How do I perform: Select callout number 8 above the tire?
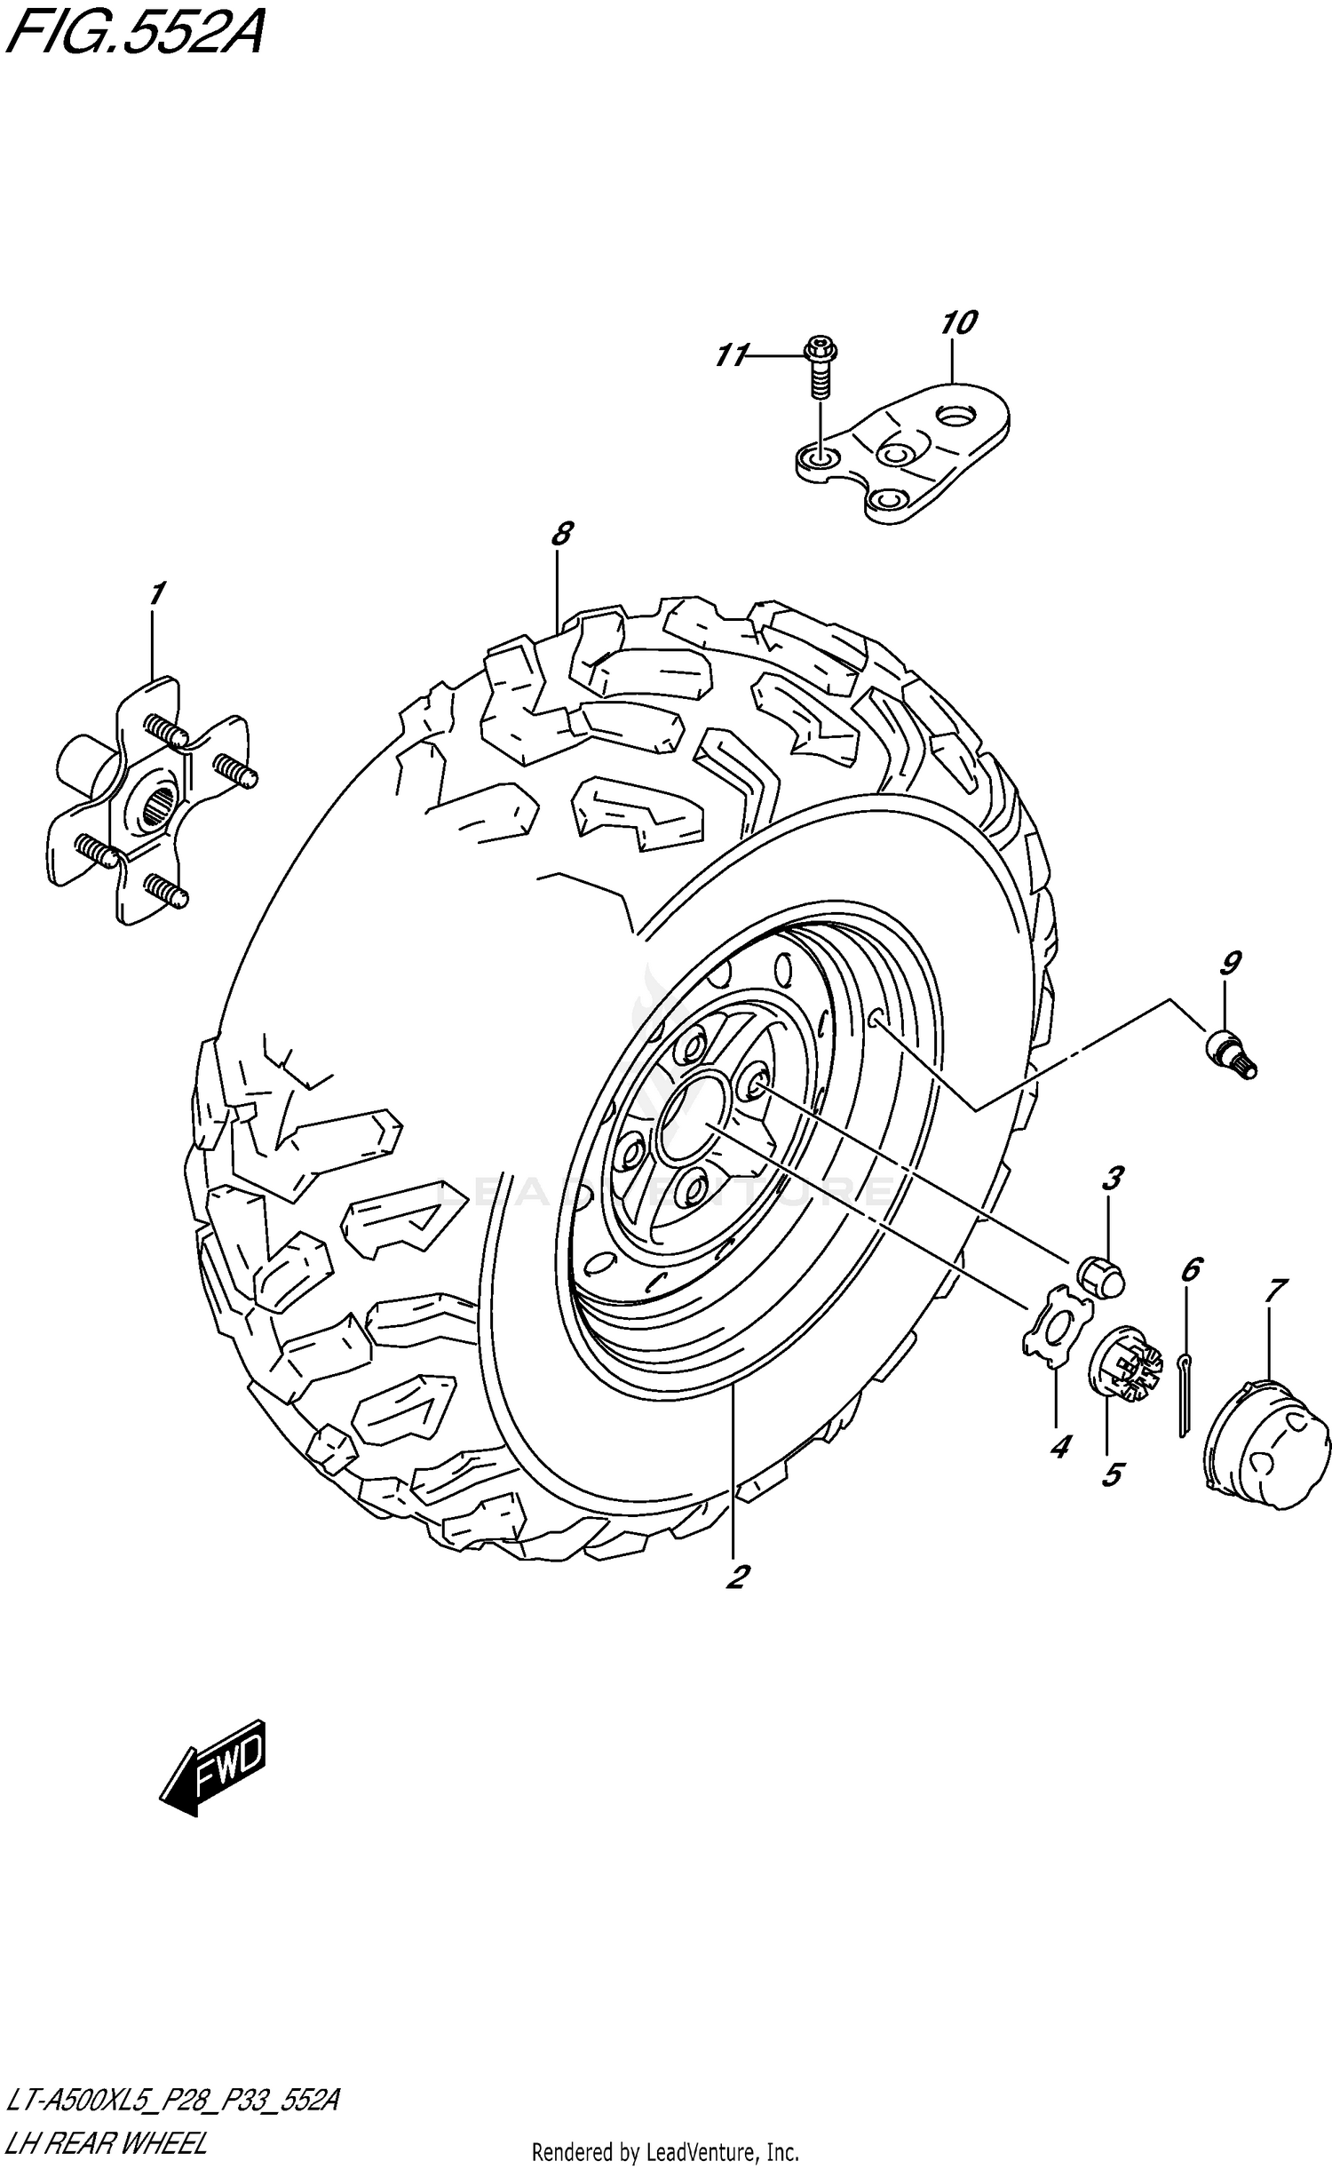coord(560,534)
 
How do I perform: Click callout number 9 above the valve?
coord(1230,963)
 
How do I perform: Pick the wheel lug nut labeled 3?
coord(1100,1276)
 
